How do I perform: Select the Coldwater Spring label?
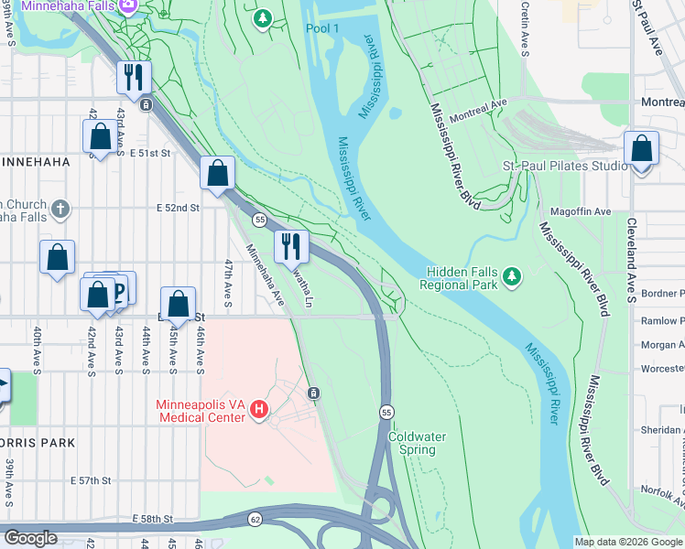(x=417, y=443)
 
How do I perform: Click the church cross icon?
(x=60, y=210)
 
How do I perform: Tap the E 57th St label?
(x=90, y=480)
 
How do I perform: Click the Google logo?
(x=30, y=538)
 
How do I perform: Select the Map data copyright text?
(x=627, y=542)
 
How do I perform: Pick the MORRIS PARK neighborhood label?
(x=37, y=441)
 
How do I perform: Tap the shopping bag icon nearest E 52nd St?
(x=218, y=174)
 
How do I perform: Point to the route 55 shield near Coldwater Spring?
(x=387, y=414)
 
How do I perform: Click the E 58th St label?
(x=154, y=519)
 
